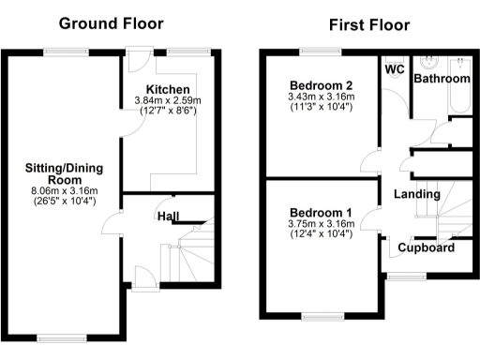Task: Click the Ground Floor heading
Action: point(111,22)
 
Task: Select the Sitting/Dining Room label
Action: point(63,174)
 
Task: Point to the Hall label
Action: point(169,217)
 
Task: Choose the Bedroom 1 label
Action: point(321,212)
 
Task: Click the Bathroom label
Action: point(442,80)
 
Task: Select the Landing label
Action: point(417,194)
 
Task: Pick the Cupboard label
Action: point(427,248)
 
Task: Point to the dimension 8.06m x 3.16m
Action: point(64,190)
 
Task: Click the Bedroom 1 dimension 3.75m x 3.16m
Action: point(321,224)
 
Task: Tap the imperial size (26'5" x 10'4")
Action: point(64,201)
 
